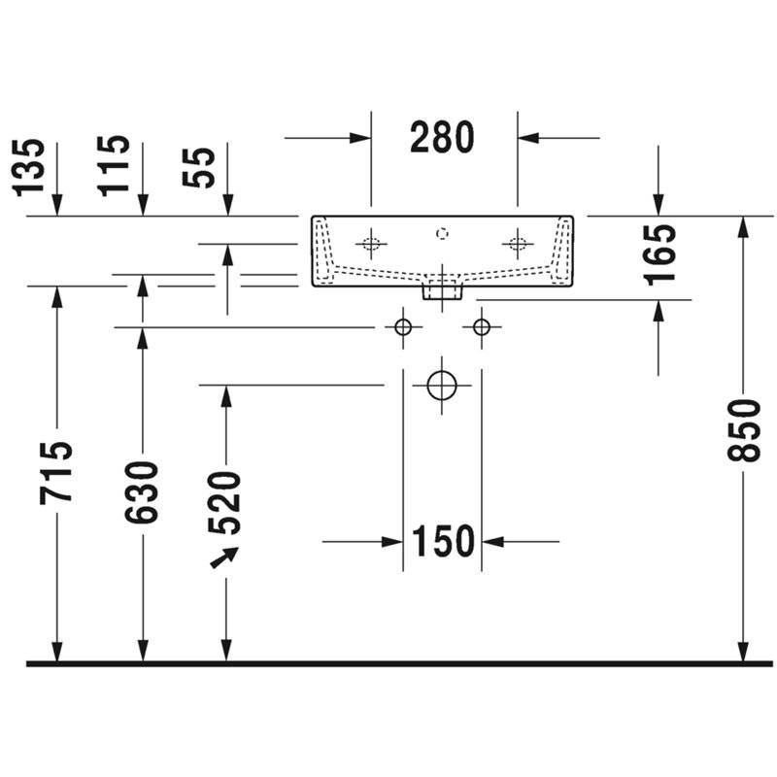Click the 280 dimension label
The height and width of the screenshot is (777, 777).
442,137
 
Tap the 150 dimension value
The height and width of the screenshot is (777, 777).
443,541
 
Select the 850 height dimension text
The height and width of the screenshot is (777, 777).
743,430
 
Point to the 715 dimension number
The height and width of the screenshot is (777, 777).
56,473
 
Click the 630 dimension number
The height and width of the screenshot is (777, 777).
141,492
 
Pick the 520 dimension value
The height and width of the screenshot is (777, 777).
224,503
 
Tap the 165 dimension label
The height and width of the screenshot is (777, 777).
659,254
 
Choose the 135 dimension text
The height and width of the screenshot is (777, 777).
28,168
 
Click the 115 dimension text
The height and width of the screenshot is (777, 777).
114,165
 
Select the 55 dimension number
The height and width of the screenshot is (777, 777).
199,167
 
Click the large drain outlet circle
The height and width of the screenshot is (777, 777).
442,385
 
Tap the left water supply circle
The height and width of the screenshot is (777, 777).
403,327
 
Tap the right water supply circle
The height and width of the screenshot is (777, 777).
481,327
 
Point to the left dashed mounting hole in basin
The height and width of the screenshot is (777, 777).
371,244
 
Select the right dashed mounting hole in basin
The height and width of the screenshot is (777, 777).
518,244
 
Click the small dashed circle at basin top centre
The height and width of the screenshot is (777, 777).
442,233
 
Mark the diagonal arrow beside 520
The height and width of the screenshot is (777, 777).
224,557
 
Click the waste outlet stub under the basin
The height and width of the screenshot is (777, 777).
442,290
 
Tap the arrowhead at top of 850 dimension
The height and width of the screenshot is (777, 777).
743,227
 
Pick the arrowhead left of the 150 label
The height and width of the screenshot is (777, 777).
392,542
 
